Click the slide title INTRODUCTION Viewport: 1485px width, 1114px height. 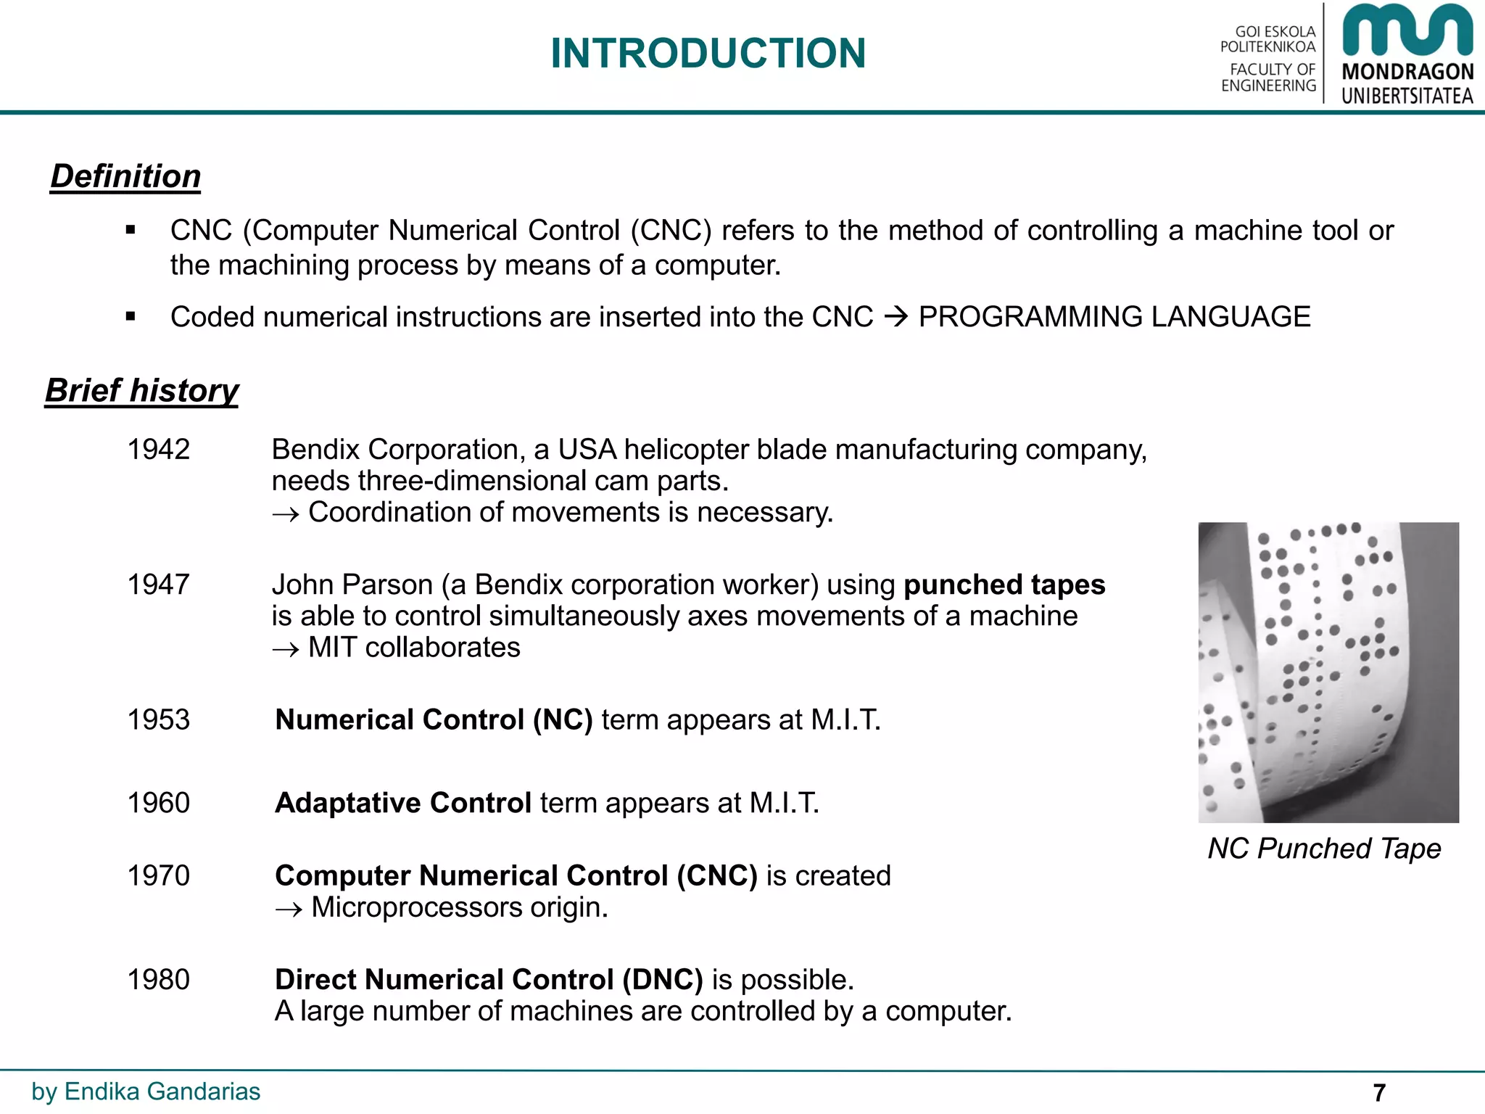pyautogui.click(x=708, y=54)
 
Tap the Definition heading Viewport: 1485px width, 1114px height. pyautogui.click(x=125, y=176)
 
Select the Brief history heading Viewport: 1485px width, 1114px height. pyautogui.click(x=142, y=390)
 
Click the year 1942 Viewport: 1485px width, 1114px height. pyautogui.click(x=158, y=450)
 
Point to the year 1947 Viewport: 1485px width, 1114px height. pyautogui.click(x=158, y=585)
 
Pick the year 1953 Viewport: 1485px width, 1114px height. pyautogui.click(x=158, y=719)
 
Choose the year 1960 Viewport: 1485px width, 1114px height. pyautogui.click(x=158, y=803)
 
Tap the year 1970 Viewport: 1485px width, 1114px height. pyautogui.click(x=158, y=875)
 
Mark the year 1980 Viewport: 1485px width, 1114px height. pyautogui.click(x=158, y=979)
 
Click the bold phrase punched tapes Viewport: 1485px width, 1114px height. pyautogui.click(x=1004, y=585)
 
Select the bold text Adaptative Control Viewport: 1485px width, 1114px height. pyautogui.click(x=403, y=803)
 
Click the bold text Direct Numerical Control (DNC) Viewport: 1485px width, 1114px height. pyautogui.click(x=489, y=979)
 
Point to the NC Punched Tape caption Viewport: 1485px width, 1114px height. pyautogui.click(x=1324, y=848)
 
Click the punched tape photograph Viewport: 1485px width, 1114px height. pyautogui.click(x=1328, y=672)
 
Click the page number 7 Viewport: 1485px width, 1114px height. pyautogui.click(x=1379, y=1092)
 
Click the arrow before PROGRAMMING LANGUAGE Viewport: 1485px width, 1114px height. pyautogui.click(x=896, y=317)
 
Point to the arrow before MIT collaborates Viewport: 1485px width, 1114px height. pyautogui.click(x=286, y=648)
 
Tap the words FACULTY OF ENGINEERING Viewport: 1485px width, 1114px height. pyautogui.click(x=1268, y=78)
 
